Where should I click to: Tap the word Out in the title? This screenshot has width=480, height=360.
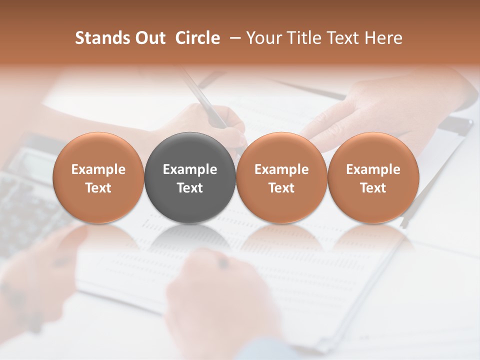click(149, 38)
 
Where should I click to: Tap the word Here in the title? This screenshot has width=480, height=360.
click(383, 38)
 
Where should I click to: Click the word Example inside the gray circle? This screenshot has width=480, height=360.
click(190, 169)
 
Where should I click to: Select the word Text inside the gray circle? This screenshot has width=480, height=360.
click(190, 188)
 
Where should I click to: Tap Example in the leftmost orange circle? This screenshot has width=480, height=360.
click(98, 169)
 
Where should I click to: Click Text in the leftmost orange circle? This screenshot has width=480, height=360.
click(98, 188)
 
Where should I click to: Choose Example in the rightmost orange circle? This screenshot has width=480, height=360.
click(373, 169)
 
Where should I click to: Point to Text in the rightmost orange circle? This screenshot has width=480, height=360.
click(373, 188)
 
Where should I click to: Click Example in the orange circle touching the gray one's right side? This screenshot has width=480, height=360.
click(281, 169)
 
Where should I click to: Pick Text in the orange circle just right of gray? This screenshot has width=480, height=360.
click(281, 188)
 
